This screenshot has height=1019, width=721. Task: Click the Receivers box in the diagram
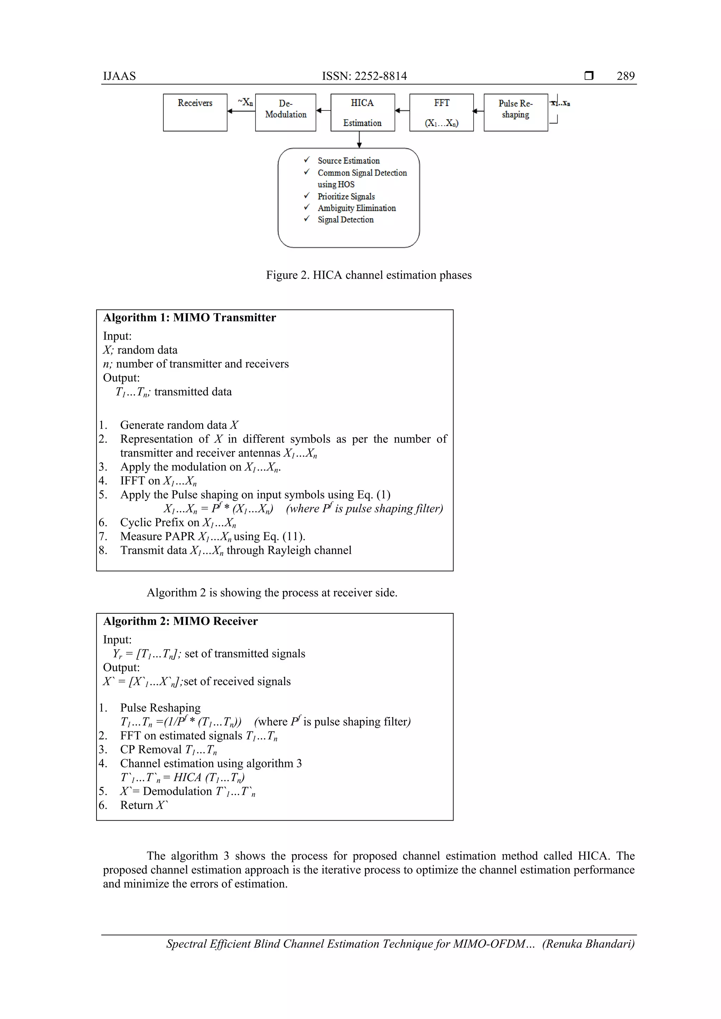click(195, 112)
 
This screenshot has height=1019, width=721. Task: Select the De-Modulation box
click(286, 112)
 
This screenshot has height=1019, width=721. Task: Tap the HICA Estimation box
click(362, 112)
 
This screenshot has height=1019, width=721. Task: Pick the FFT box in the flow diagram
click(441, 112)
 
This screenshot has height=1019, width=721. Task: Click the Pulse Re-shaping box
click(515, 112)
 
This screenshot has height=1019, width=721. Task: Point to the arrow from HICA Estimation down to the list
click(359, 139)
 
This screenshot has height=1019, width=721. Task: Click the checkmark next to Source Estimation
click(306, 160)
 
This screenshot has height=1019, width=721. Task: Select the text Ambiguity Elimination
click(357, 208)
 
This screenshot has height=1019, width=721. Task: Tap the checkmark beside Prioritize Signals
click(306, 196)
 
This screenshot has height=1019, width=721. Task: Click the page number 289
click(625, 76)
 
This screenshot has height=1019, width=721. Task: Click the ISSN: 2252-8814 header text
click(364, 76)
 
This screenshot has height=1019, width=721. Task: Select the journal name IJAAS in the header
click(119, 76)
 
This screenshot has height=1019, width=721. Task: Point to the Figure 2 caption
click(369, 275)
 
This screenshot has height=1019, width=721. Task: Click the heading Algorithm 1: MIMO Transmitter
click(189, 317)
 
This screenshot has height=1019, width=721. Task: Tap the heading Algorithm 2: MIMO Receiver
click(180, 621)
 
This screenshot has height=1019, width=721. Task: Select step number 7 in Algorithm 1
click(102, 536)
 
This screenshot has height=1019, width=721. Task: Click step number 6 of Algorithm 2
click(102, 805)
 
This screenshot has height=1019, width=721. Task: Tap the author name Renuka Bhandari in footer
click(588, 944)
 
